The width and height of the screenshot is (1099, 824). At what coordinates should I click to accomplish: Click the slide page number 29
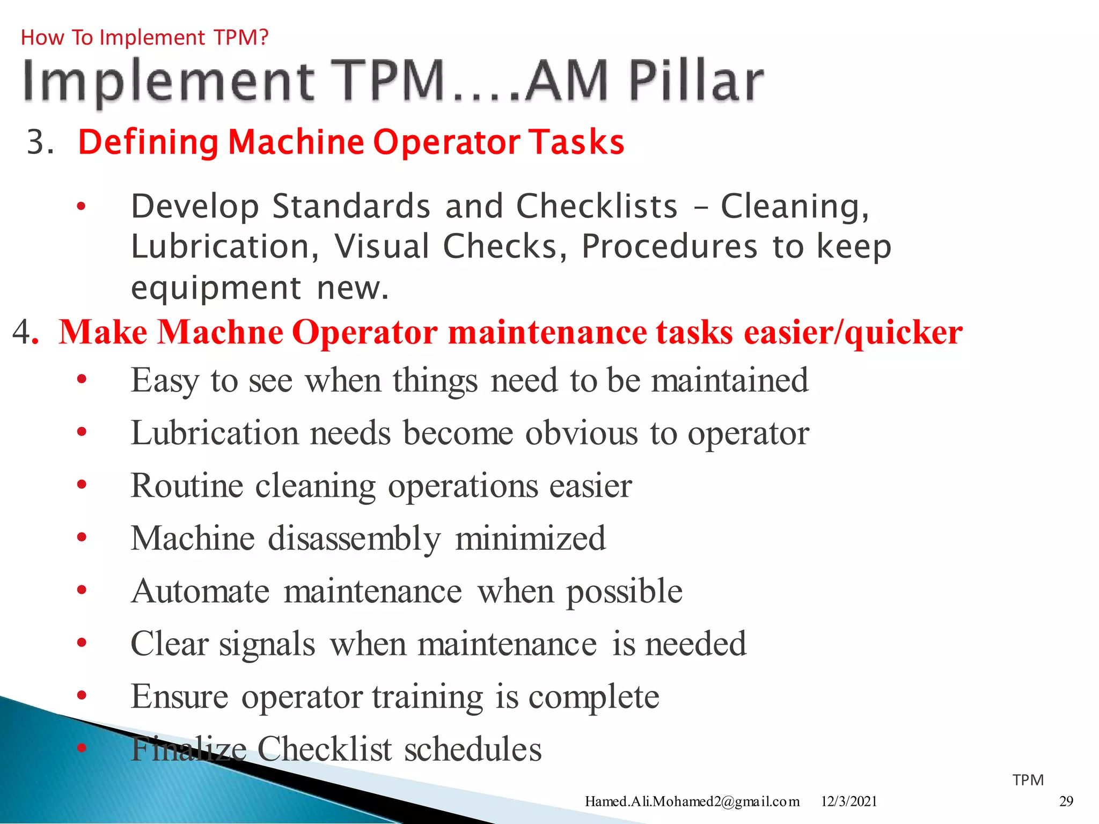(x=1066, y=801)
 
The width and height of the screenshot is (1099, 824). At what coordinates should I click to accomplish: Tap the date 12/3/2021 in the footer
(x=849, y=801)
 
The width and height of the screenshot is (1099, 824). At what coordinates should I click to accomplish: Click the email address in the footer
(x=692, y=801)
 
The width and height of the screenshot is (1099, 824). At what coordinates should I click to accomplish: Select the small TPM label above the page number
(x=1028, y=780)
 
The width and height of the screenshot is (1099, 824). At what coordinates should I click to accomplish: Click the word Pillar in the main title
(x=696, y=82)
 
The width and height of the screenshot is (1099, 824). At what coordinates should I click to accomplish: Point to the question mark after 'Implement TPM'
(x=263, y=38)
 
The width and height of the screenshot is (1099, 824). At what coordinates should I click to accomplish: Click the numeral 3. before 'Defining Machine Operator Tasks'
(x=40, y=143)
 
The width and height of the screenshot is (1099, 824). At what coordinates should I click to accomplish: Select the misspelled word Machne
(x=221, y=332)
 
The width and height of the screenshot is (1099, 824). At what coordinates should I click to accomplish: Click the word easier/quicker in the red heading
(x=853, y=333)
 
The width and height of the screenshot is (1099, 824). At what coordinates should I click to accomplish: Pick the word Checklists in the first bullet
(x=597, y=207)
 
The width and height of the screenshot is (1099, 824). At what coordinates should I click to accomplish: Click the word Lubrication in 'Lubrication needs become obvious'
(x=215, y=433)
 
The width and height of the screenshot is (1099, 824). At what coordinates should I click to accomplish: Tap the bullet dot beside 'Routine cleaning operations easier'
(x=82, y=485)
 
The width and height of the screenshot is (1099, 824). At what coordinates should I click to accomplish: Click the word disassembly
(x=355, y=539)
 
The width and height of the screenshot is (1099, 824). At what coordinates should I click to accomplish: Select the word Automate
(x=200, y=591)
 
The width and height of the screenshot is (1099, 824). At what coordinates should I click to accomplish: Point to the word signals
(x=267, y=644)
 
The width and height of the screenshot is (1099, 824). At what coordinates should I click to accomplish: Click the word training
(x=428, y=697)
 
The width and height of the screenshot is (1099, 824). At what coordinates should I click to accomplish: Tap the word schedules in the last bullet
(x=473, y=749)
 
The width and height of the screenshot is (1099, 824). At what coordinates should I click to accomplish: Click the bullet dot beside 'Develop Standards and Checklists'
(x=81, y=207)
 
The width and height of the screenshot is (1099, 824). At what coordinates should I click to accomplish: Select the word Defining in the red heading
(x=149, y=143)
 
